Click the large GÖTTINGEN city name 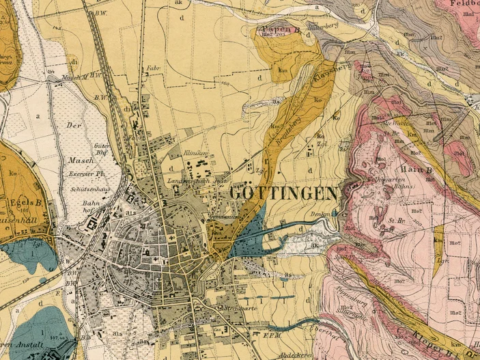[x=283, y=193]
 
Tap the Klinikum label [x=197, y=156]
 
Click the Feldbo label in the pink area [x=465, y=4]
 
